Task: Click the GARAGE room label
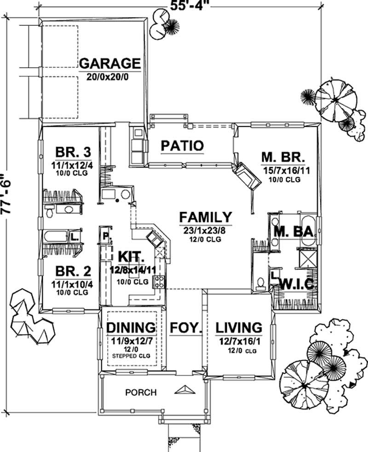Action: click(109, 63)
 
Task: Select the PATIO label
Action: click(182, 146)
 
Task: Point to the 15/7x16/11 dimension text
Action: click(286, 170)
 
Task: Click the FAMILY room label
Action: click(205, 217)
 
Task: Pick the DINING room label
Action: click(131, 328)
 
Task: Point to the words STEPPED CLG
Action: click(132, 356)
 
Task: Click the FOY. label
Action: click(186, 328)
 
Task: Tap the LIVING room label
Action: click(239, 328)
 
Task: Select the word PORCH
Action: click(141, 393)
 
